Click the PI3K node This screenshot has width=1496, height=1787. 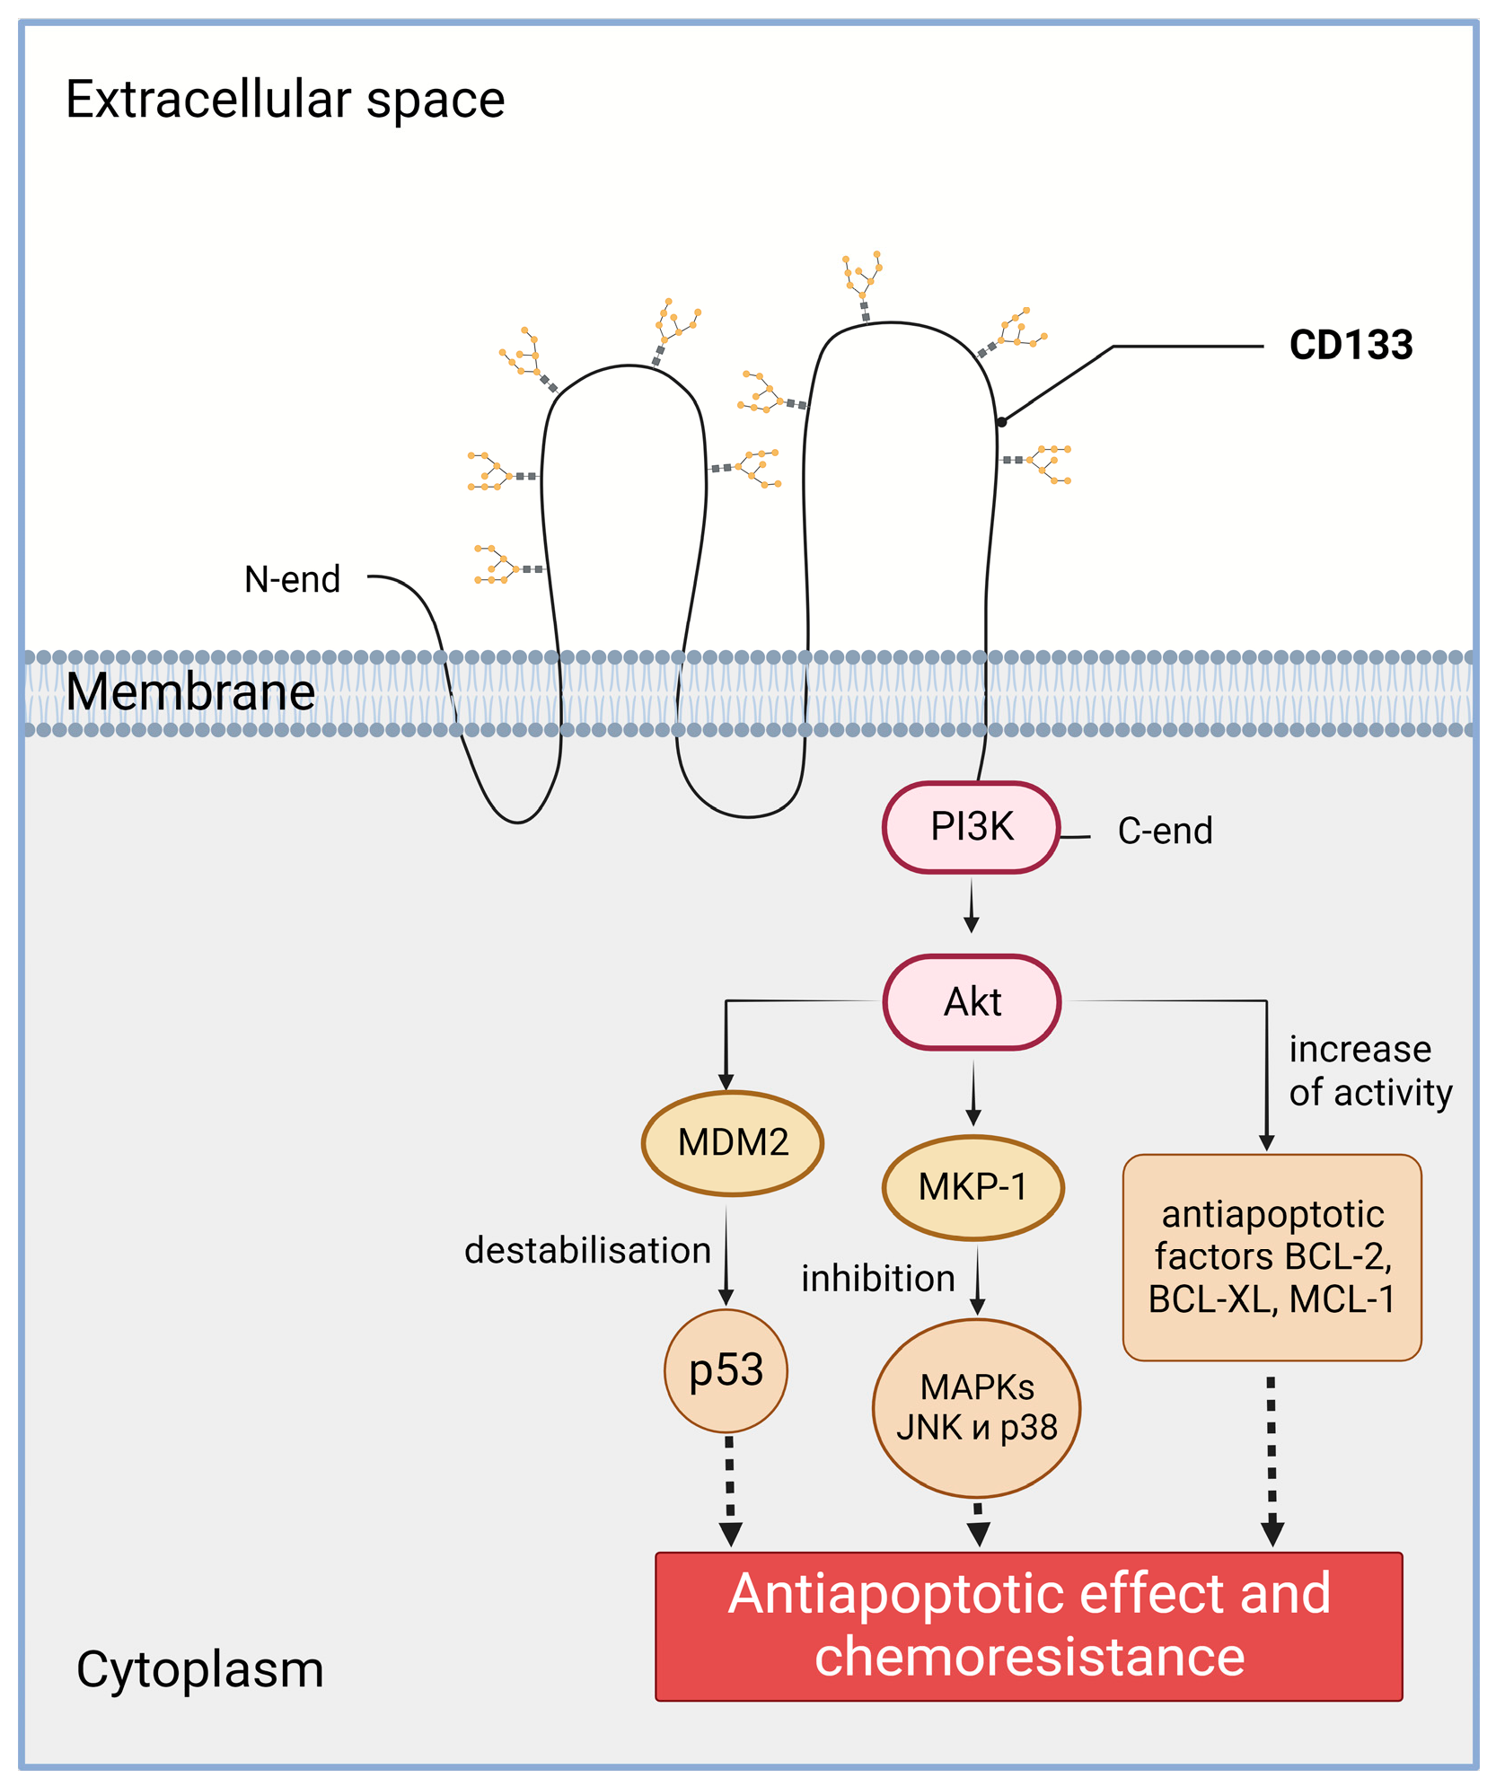972,827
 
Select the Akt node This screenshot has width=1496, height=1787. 972,1001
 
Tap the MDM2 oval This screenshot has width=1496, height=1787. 733,1142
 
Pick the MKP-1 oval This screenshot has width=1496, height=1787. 973,1187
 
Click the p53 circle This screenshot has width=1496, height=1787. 726,1370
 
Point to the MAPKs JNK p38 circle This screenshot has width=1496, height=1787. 977,1407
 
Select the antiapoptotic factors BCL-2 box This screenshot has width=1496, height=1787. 1272,1257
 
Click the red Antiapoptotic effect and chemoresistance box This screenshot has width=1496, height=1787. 1029,1626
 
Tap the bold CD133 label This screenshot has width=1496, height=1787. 1351,345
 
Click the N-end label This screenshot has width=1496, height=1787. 293,579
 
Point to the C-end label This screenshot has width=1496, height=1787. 1166,831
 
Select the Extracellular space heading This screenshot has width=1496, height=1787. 286,99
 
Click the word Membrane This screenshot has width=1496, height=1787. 190,691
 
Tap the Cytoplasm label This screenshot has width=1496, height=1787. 200,1669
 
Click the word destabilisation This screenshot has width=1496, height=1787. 587,1250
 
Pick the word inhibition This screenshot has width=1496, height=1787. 878,1278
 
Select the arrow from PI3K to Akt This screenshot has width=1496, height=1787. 972,905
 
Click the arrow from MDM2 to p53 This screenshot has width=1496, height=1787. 726,1255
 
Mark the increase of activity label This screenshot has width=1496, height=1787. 1370,1070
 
